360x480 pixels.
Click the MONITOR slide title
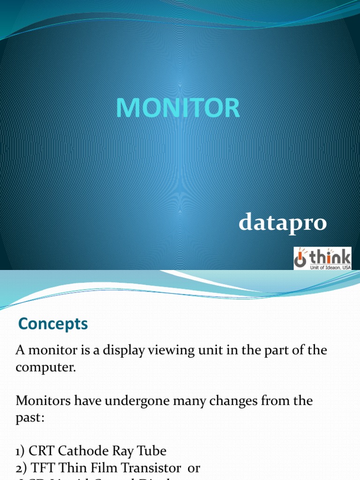(178, 108)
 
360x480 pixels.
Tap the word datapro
(282, 222)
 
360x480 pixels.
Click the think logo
(322, 258)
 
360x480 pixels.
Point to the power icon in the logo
(300, 258)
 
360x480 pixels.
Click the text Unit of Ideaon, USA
(329, 267)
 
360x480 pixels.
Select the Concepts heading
(52, 324)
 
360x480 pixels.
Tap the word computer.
(45, 367)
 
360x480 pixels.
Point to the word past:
(30, 418)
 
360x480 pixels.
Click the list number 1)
(21, 451)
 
